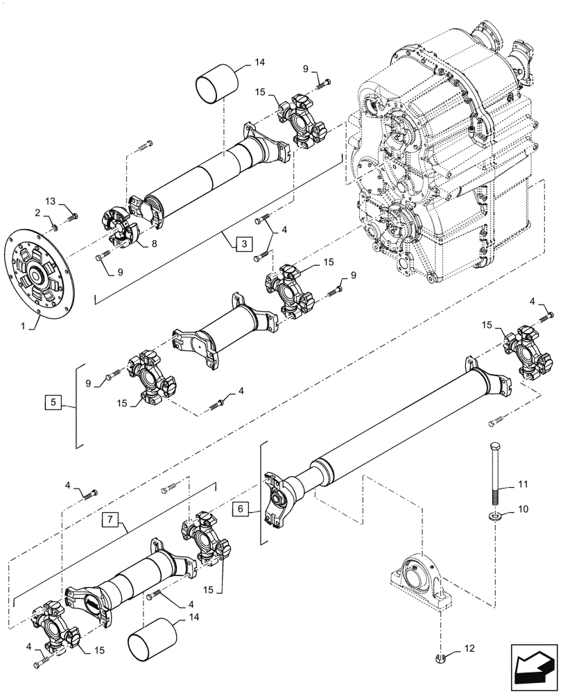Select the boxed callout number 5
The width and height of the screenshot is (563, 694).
(x=53, y=401)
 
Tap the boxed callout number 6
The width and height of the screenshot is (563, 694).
(x=240, y=509)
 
